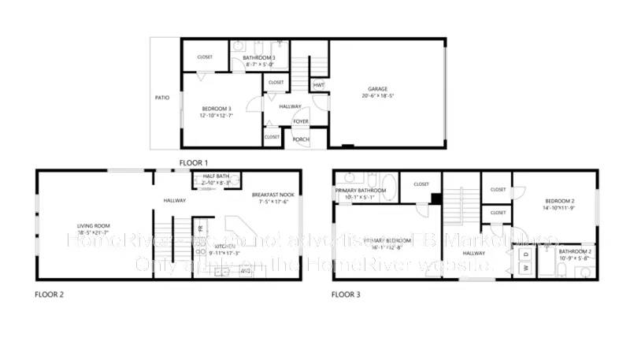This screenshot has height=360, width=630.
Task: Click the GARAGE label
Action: coord(378,89)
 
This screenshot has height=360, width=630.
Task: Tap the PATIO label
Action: coord(162,98)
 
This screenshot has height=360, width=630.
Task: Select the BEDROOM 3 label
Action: coord(216,108)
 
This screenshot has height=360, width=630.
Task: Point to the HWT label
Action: coord(318,85)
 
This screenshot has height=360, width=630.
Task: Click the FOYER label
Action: coord(301,121)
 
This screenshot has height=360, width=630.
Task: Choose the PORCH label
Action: coord(301,139)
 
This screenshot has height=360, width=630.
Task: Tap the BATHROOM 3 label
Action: coord(259,58)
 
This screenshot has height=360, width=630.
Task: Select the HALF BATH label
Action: coord(216,176)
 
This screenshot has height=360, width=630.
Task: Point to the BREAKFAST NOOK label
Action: coord(272,195)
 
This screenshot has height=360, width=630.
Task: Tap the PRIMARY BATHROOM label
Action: coord(361,191)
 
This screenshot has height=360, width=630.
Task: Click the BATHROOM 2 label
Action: coord(576,251)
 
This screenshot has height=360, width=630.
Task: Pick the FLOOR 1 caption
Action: coord(194,162)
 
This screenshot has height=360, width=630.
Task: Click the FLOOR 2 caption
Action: coord(49,295)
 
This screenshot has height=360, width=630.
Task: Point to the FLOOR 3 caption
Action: coord(346,295)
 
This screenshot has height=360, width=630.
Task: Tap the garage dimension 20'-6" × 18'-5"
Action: coord(378,96)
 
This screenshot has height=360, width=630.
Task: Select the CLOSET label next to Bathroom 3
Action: coord(205,57)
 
